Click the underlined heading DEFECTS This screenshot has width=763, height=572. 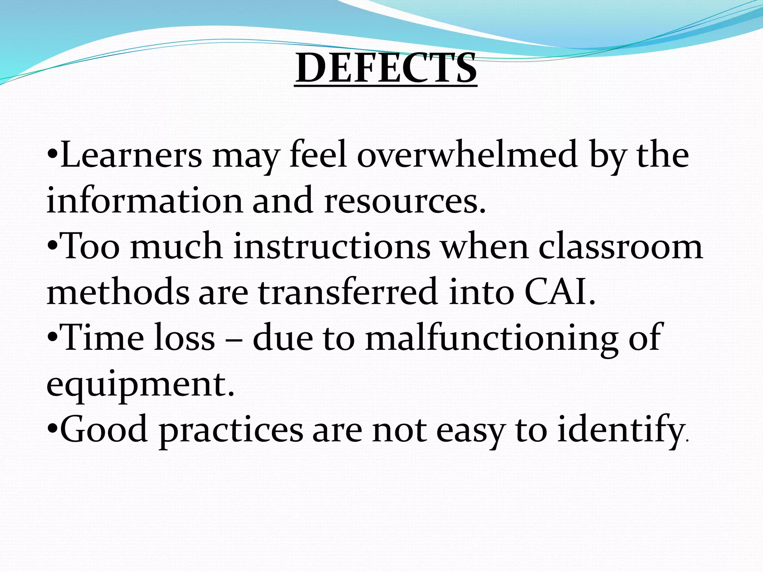(x=386, y=68)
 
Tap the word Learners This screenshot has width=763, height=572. (x=131, y=155)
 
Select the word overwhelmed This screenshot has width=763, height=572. (x=467, y=155)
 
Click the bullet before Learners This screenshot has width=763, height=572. (x=53, y=153)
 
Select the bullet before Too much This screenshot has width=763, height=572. (x=53, y=245)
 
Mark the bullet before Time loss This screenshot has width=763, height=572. (x=53, y=337)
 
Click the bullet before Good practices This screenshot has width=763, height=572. (x=53, y=428)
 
